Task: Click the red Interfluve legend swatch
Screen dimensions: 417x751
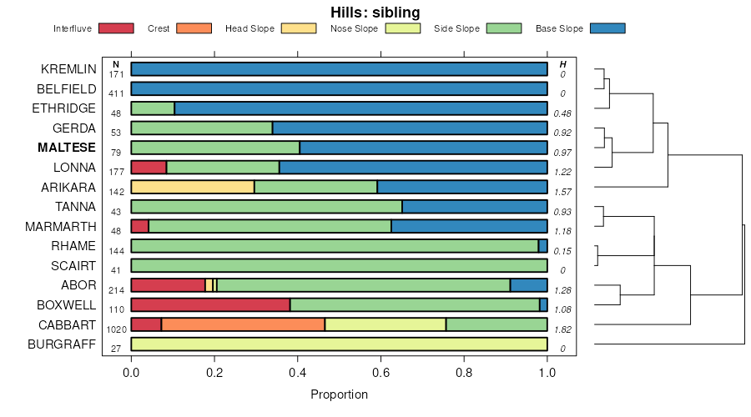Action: click(x=116, y=28)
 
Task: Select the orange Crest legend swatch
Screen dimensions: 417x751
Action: click(x=194, y=28)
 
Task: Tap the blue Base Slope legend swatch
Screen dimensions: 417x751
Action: click(x=607, y=28)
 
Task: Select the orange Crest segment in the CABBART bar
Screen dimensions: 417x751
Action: click(x=243, y=324)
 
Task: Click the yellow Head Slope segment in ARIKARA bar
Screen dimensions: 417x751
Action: click(x=193, y=187)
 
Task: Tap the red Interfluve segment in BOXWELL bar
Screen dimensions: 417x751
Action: click(x=210, y=304)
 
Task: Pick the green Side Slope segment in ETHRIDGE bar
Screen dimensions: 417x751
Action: click(x=153, y=108)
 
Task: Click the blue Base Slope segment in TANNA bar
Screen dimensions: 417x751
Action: click(x=475, y=207)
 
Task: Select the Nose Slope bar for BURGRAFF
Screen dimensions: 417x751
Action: click(x=339, y=344)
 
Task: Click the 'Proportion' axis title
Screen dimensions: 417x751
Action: click(x=339, y=394)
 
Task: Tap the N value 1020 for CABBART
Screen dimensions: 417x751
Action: click(x=117, y=329)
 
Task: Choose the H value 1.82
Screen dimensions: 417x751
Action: click(x=563, y=329)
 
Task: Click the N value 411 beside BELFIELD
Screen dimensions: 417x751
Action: click(x=117, y=93)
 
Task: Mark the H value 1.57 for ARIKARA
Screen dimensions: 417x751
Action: click(x=563, y=192)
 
